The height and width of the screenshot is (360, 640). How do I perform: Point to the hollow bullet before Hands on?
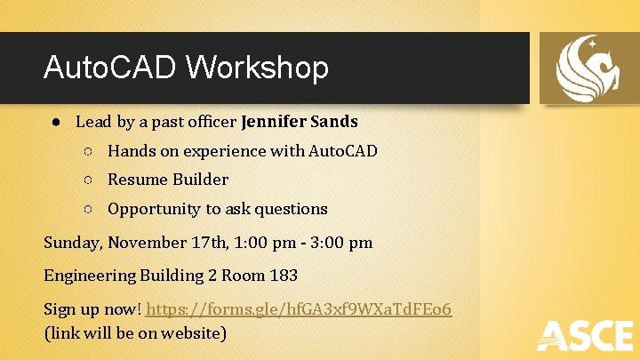coord(89,152)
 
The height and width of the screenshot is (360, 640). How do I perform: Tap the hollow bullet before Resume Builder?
coord(89,180)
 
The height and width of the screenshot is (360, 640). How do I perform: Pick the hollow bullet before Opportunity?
coord(89,210)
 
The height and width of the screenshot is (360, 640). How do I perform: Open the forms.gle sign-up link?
coord(299,309)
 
